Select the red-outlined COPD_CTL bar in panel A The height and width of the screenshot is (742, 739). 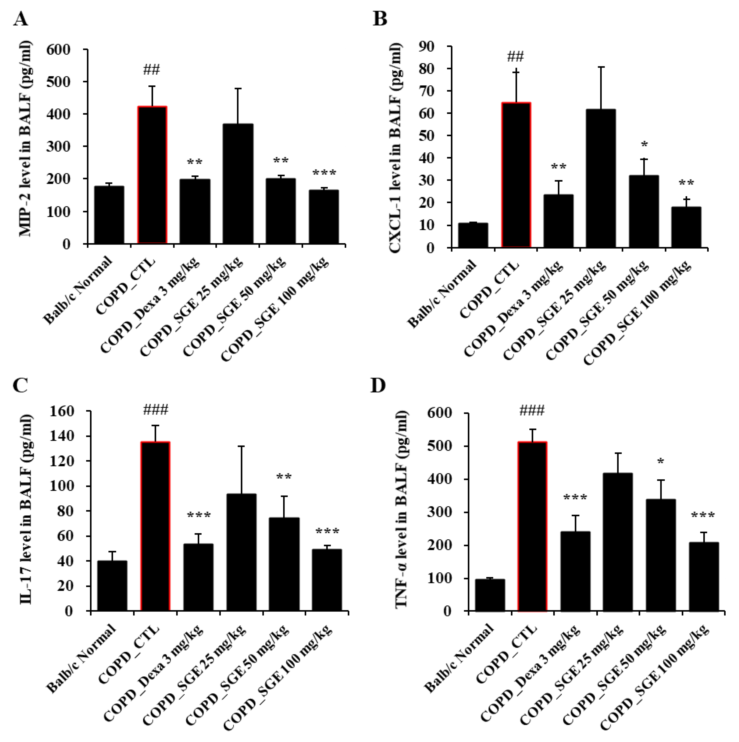(x=152, y=175)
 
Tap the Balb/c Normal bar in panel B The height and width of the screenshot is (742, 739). (x=473, y=235)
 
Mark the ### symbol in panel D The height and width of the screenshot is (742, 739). (x=532, y=411)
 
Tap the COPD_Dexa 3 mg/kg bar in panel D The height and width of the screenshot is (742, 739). (x=575, y=571)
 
